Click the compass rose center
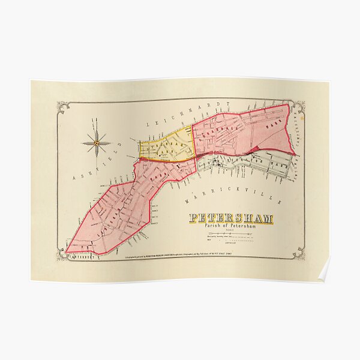pos(96,143)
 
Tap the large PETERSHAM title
pos(231,219)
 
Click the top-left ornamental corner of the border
pos(62,107)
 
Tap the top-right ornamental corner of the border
pos(298,107)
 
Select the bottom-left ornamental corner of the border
pos(62,255)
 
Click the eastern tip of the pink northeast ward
pos(295,154)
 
